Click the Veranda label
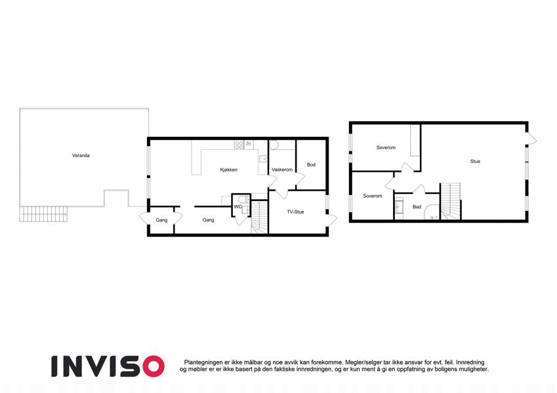tap(81, 155)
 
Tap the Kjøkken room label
tap(229, 170)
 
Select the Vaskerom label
tap(282, 170)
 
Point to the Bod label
tap(311, 164)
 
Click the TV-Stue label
tap(295, 212)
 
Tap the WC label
tap(237, 207)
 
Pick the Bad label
tap(417, 207)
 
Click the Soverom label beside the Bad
tap(373, 196)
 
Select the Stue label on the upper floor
tap(475, 161)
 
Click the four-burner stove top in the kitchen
tap(239, 145)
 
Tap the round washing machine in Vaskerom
tap(274, 145)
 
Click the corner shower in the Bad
tap(432, 212)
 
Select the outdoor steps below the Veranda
tap(43, 214)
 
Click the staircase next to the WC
tap(260, 217)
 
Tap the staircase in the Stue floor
tap(451, 201)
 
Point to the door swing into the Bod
tap(300, 181)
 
